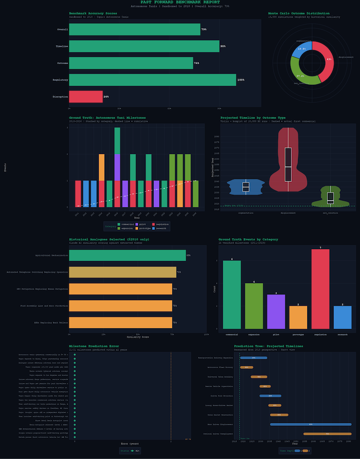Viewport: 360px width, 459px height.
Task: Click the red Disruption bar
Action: pyautogui.click(x=86, y=97)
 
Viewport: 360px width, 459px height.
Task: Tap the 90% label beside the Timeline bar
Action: pyautogui.click(x=223, y=47)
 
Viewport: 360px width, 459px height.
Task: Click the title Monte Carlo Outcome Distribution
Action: pyautogui.click(x=299, y=13)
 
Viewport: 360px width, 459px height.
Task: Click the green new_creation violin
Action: pyautogui.click(x=331, y=197)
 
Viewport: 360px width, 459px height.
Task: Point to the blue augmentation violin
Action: pyautogui.click(x=246, y=187)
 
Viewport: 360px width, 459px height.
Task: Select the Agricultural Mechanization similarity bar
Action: pyautogui.click(x=127, y=255)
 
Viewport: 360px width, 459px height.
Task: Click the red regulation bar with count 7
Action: pyautogui.click(x=321, y=289)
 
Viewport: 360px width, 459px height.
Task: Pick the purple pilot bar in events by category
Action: pyautogui.click(x=276, y=312)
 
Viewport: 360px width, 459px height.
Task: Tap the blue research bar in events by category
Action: pyautogui.click(x=342, y=317)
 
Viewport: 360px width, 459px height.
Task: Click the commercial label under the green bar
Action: pyautogui.click(x=232, y=334)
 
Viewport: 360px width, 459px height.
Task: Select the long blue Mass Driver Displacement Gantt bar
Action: pyautogui.click(x=310, y=424)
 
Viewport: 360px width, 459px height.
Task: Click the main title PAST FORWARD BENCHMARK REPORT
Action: pyautogui.click(x=179, y=3)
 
